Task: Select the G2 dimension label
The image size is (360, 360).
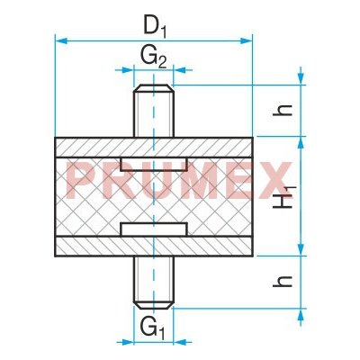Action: coord(153,57)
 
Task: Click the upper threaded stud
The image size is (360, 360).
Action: coord(153,112)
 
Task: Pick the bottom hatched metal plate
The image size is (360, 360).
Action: coord(90,246)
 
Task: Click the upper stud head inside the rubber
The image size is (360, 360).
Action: coord(153,163)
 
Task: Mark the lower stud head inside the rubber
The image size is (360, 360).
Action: coord(153,231)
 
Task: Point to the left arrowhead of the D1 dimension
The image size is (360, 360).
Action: coord(59,40)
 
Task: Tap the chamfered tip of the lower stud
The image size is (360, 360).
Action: coord(153,304)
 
